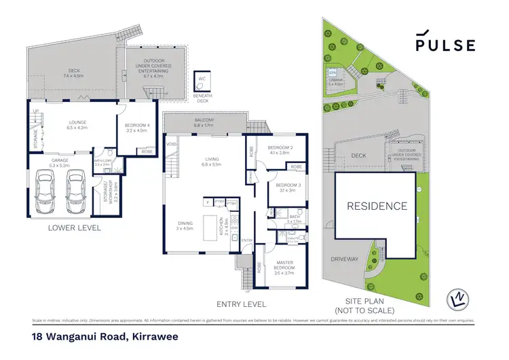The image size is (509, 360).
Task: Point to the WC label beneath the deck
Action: coord(202,79)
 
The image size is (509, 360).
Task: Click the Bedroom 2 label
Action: coord(280,150)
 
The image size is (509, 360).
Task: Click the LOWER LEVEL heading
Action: coord(75,228)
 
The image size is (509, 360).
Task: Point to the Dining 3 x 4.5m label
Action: coord(185,226)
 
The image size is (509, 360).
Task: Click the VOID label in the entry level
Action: coord(171,144)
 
